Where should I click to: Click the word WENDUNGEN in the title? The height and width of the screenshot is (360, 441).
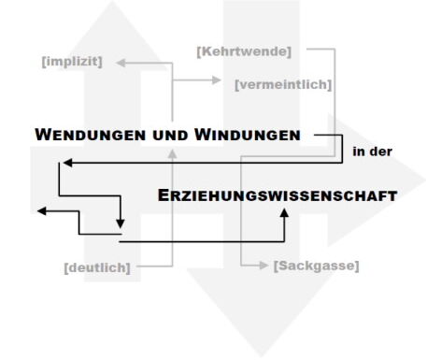tap(91, 135)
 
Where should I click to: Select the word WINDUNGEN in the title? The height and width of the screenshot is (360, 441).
tap(248, 135)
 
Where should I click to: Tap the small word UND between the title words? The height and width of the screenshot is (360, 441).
tap(170, 136)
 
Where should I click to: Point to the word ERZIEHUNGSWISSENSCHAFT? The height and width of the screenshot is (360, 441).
tap(277, 195)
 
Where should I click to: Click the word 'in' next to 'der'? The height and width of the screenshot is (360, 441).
tap(359, 151)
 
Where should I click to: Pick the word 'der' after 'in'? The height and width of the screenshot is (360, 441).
tap(380, 151)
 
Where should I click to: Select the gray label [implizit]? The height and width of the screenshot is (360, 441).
tap(72, 62)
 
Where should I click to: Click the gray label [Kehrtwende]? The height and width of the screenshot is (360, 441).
tap(244, 51)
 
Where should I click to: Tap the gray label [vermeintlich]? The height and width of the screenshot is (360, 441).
tap(283, 84)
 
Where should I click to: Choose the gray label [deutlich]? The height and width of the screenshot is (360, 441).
tap(97, 267)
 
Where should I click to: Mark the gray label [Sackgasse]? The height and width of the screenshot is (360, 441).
tap(317, 266)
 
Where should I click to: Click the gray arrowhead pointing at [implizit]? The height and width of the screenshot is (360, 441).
tap(121, 63)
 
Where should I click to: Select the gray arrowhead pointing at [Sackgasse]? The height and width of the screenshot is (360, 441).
tap(263, 266)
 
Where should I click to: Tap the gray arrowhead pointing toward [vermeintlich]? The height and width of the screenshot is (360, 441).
tap(216, 80)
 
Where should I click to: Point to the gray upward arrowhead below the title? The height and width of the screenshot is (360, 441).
tap(173, 154)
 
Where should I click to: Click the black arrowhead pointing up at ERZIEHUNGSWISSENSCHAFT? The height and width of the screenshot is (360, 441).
tap(284, 212)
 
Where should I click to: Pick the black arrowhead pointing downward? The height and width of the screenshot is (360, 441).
tap(121, 223)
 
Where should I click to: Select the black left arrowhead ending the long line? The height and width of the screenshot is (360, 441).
tap(67, 163)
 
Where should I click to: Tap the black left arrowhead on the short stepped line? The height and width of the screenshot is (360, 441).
tap(42, 211)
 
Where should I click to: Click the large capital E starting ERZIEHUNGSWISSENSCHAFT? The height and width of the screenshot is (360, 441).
tap(164, 195)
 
